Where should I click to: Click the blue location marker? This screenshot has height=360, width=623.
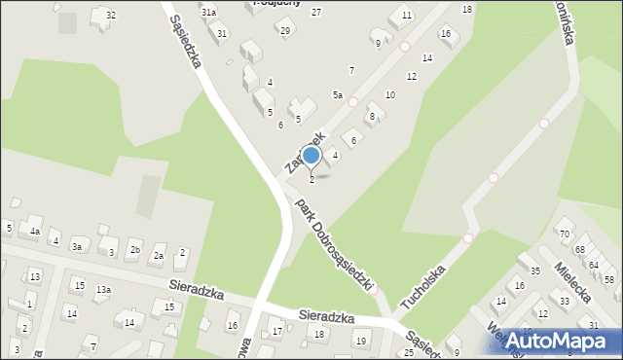311,156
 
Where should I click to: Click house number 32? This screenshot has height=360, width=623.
111,15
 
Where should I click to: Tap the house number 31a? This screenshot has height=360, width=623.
208,13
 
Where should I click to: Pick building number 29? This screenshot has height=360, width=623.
284,31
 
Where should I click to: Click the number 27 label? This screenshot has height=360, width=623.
316,12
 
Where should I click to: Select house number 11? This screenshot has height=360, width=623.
407,15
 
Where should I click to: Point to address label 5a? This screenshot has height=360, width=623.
338,94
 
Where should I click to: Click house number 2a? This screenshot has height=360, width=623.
159,256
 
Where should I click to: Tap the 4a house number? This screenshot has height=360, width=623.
34,232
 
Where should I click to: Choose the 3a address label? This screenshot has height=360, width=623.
76,247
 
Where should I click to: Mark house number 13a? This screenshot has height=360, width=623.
103,290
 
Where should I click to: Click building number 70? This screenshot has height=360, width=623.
564,234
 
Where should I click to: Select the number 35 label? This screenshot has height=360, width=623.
534,270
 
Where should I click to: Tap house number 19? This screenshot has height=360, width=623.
360,341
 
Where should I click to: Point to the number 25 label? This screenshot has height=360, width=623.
409,352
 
